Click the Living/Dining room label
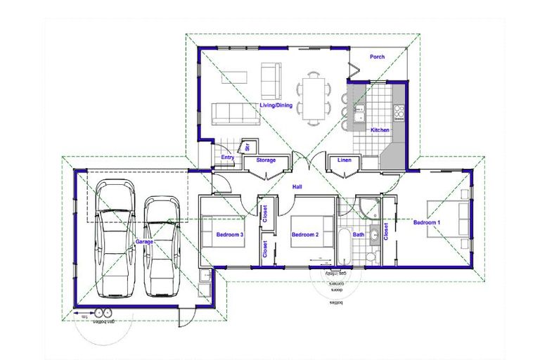[x=275, y=106]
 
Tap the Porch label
[x=377, y=58]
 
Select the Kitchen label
[x=380, y=130]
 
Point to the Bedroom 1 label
[x=427, y=223]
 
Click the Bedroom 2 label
[x=305, y=234]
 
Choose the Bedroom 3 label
[x=229, y=234]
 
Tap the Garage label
[x=144, y=241]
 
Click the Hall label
[x=299, y=187]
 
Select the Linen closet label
[x=344, y=160]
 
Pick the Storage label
[x=266, y=160]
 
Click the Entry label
[x=228, y=157]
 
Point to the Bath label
[x=359, y=235]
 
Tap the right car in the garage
[x=162, y=246]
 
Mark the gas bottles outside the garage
[x=104, y=314]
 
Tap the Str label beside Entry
[x=247, y=147]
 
